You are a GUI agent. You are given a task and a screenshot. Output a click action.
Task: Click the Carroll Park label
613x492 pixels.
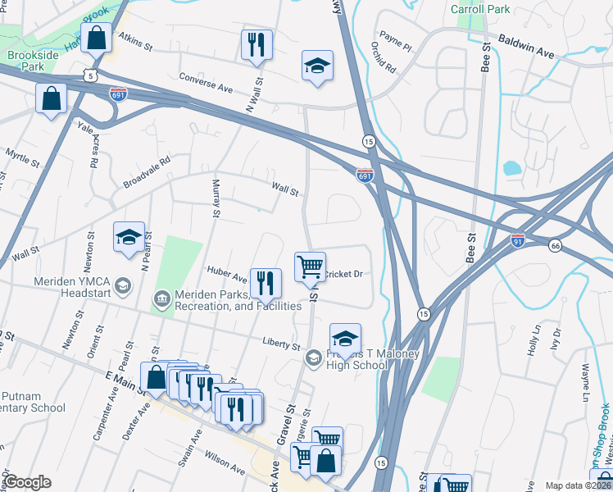coord(480,10)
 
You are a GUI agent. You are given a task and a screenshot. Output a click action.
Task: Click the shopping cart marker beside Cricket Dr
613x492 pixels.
coord(310,266)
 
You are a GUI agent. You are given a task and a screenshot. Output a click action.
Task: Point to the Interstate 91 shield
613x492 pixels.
coord(517,242)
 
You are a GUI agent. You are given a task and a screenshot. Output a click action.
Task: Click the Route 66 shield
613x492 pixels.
coord(555,246)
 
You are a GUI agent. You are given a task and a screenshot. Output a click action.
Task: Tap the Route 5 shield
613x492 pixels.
coord(93,75)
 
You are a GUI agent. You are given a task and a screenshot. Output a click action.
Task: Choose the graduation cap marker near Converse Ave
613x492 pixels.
coord(317,66)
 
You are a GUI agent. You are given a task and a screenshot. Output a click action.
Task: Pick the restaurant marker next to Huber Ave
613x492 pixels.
coord(265,284)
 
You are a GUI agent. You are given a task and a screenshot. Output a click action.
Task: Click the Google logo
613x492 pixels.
coord(27,482)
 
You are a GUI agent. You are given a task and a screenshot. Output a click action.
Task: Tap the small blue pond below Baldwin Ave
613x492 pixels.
coord(511,169)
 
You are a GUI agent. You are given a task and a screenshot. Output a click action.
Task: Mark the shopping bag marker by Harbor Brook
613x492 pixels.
coord(96,39)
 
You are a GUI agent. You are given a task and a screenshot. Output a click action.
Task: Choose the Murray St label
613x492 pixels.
coord(216,199)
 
